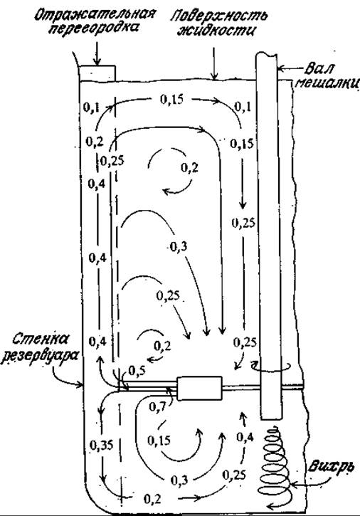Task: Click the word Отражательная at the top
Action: (95, 15)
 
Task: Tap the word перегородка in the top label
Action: (93, 29)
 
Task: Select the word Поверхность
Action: (218, 16)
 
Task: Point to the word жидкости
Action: (216, 30)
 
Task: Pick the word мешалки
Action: (327, 83)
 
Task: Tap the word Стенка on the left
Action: (42, 339)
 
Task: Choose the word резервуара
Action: (40, 356)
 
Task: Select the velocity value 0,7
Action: (157, 406)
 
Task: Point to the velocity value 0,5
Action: (136, 371)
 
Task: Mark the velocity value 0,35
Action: (101, 446)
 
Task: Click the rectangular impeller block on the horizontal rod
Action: (199, 389)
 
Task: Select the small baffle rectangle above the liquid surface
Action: (97, 73)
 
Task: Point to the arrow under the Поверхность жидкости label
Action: (214, 64)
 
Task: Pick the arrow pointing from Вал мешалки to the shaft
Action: (290, 69)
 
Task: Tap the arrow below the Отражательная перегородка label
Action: (97, 53)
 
